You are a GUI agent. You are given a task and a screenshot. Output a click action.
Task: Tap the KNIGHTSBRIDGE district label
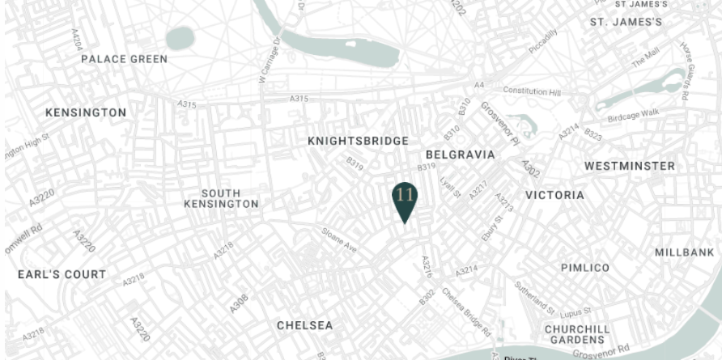(x=358, y=142)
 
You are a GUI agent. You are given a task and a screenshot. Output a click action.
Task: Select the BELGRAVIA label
(x=460, y=154)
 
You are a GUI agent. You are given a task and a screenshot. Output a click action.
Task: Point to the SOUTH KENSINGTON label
(x=221, y=199)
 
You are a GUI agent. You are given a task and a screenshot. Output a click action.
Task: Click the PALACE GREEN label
(x=124, y=59)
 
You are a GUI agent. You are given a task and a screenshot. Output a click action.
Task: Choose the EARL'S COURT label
(x=62, y=274)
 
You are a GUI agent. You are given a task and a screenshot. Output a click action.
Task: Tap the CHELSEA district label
(x=304, y=325)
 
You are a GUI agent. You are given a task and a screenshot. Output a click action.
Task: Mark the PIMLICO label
(x=585, y=267)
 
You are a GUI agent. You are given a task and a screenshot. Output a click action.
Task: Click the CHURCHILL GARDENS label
(x=576, y=335)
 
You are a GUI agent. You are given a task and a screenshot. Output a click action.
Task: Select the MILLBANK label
(x=685, y=252)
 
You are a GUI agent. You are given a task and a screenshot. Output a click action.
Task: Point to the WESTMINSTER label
(x=630, y=166)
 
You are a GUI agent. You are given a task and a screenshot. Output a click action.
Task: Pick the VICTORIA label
(x=554, y=195)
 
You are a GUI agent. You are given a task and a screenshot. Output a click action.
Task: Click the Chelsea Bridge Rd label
(x=466, y=312)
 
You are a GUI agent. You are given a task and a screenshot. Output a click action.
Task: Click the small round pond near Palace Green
(x=180, y=37)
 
